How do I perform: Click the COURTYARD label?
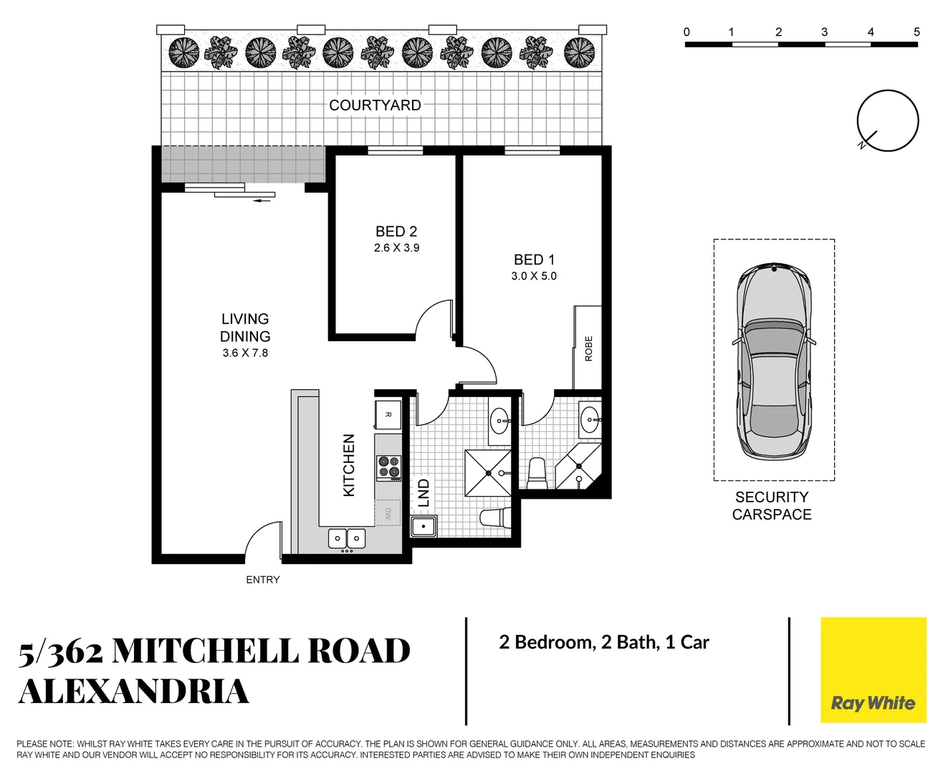point(375,105)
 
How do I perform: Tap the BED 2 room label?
point(396,231)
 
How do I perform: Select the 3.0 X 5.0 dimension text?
point(534,276)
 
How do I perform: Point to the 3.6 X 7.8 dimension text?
point(245,353)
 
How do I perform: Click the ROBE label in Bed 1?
point(589,348)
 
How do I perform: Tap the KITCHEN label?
point(349,465)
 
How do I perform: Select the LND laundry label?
point(423,493)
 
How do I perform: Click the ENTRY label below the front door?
point(262,580)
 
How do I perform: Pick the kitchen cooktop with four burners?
point(389,467)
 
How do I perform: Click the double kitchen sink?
point(347,538)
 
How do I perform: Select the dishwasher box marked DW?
point(388,513)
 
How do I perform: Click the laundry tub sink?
point(423,527)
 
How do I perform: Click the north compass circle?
point(888,120)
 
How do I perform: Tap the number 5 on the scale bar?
point(916,32)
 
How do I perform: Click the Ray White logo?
point(873,670)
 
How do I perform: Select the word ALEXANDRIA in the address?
point(134,692)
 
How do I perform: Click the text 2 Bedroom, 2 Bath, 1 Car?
point(604,642)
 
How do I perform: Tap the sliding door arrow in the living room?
point(263,201)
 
